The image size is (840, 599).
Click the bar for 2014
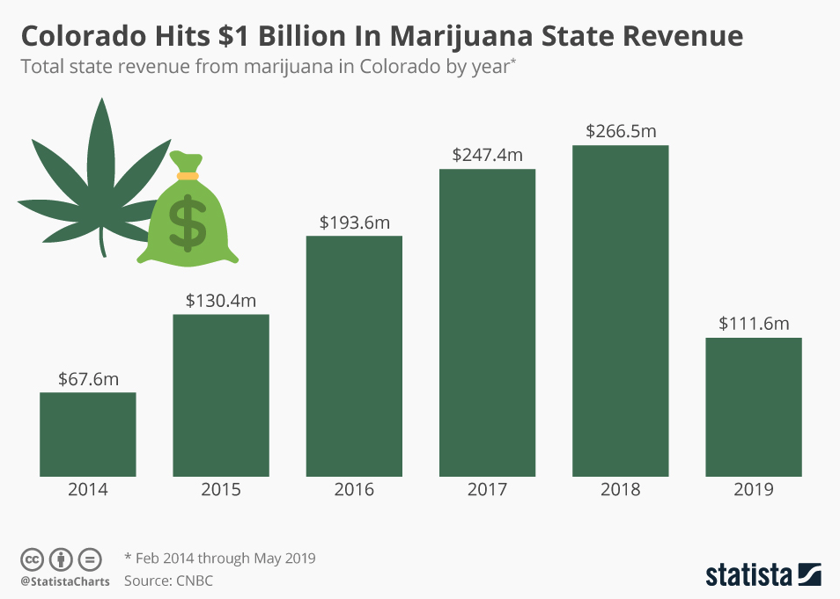click(x=88, y=434)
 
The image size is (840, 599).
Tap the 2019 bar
click(x=754, y=406)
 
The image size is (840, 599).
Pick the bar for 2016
click(x=354, y=355)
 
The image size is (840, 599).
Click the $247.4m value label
click(x=488, y=156)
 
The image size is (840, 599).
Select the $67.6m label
click(x=88, y=379)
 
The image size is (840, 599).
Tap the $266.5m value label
click(x=621, y=132)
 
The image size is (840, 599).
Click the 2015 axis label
click(x=221, y=490)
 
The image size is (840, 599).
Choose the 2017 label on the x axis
click(x=487, y=490)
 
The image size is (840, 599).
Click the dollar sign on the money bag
click(x=188, y=219)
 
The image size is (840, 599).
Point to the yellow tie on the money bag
click(x=188, y=176)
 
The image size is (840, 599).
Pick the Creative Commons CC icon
click(x=32, y=559)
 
